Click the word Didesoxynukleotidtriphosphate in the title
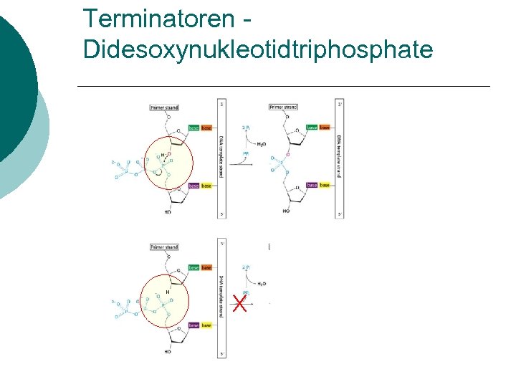click(x=258, y=49)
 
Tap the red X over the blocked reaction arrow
click(x=240, y=305)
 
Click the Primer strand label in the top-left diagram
click(x=164, y=107)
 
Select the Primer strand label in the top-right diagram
click(x=283, y=107)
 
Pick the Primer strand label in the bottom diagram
click(x=164, y=247)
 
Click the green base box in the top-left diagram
click(x=193, y=128)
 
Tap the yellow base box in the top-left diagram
click(x=206, y=186)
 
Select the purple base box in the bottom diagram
click(x=193, y=325)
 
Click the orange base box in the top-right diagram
click(x=325, y=128)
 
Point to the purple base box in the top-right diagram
click(x=312, y=186)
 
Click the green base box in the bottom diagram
click(x=193, y=268)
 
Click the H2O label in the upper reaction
click(x=262, y=143)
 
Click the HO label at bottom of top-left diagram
click(x=168, y=212)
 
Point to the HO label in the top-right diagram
click(x=286, y=211)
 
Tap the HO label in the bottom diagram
click(x=168, y=352)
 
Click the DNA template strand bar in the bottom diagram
click(x=221, y=298)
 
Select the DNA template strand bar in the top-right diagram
click(x=340, y=158)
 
